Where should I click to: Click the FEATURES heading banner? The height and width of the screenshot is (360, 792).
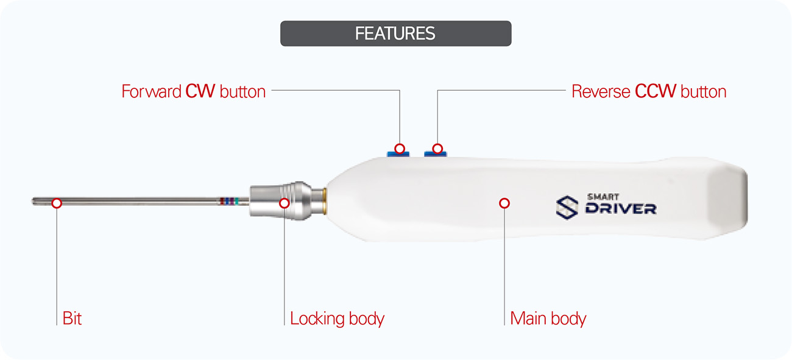pyautogui.click(x=395, y=34)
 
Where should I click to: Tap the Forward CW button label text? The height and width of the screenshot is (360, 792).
pyautogui.click(x=194, y=92)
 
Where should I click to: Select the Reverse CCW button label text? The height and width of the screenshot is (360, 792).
pyautogui.click(x=649, y=92)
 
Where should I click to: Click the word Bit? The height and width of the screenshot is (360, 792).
pyautogui.click(x=72, y=318)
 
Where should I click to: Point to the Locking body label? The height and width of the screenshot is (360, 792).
pyautogui.click(x=337, y=318)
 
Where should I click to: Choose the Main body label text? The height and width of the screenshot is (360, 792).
pyautogui.click(x=548, y=318)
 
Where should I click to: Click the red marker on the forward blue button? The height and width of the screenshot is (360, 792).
pyautogui.click(x=400, y=149)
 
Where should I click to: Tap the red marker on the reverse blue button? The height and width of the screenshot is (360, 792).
pyautogui.click(x=437, y=149)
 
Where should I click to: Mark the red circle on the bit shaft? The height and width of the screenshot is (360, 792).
pyautogui.click(x=57, y=203)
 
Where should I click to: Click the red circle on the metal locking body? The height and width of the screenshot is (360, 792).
pyautogui.click(x=284, y=203)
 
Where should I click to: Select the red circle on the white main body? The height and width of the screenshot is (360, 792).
pyautogui.click(x=504, y=203)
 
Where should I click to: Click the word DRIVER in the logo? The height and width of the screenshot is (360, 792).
pyautogui.click(x=621, y=209)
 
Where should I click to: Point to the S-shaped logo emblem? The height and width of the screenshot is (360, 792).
pyautogui.click(x=567, y=206)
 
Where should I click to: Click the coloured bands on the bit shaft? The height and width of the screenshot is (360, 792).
pyautogui.click(x=228, y=201)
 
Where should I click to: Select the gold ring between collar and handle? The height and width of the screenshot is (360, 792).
pyautogui.click(x=327, y=199)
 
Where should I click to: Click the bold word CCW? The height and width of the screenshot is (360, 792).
pyautogui.click(x=656, y=92)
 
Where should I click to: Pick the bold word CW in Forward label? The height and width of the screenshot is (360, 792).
pyautogui.click(x=200, y=92)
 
